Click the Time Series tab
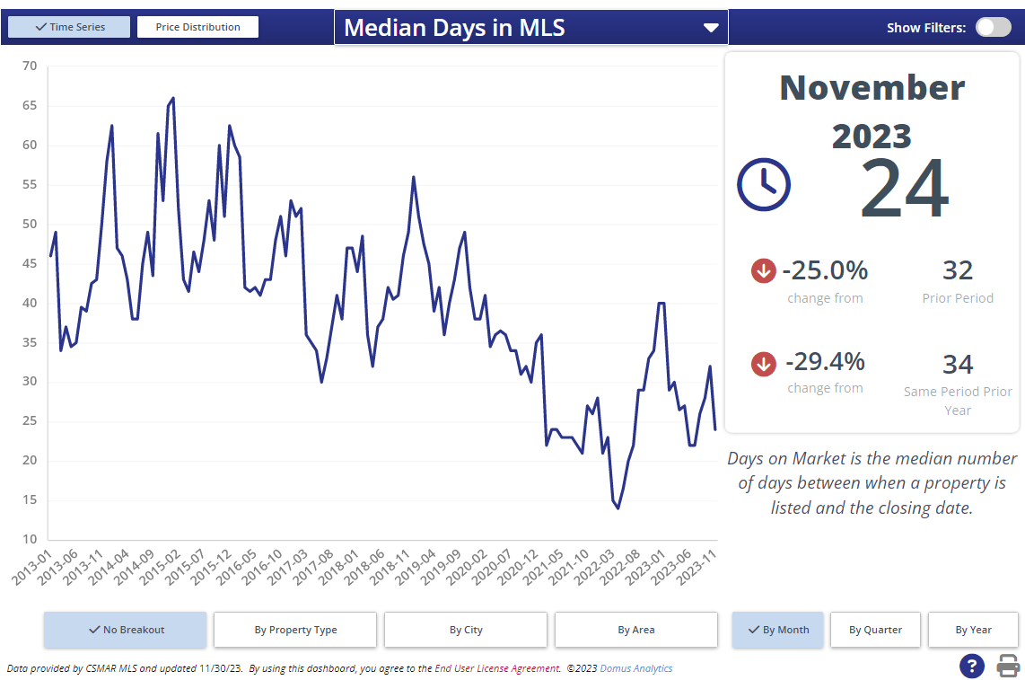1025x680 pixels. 69,27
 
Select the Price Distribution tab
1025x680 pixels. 197,27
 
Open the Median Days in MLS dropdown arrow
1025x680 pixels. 711,28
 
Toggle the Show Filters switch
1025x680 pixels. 993,27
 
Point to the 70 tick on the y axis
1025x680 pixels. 30,66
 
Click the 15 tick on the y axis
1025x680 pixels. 30,500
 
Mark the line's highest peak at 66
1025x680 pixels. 173,98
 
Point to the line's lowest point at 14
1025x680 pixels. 618,508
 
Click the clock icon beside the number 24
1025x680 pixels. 763,184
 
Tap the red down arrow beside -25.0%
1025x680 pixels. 763,270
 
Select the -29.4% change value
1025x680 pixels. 825,361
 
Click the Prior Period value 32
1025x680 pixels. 957,270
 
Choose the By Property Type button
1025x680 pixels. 295,630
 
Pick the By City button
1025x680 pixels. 466,630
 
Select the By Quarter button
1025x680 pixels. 875,630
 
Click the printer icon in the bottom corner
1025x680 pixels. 1008,666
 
